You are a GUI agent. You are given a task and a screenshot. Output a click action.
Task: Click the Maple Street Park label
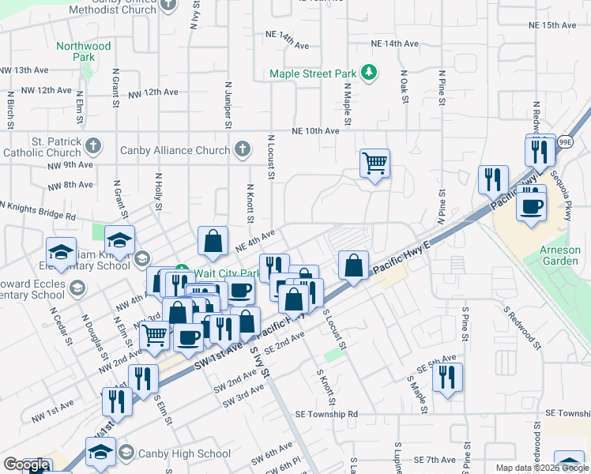313,73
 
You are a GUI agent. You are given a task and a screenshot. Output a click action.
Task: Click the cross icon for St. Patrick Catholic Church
93,145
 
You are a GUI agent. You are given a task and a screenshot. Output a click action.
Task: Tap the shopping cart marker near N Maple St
375,164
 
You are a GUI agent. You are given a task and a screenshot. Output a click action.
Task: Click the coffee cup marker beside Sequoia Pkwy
531,205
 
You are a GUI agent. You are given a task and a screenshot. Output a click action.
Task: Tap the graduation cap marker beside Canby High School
102,454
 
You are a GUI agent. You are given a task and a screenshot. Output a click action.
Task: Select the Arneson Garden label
560,256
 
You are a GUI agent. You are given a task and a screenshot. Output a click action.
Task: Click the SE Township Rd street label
326,414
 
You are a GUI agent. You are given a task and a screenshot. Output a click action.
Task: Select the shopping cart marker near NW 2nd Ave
154,335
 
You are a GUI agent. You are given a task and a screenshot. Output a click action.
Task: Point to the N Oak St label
404,88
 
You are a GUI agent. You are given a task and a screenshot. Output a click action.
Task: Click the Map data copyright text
541,468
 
